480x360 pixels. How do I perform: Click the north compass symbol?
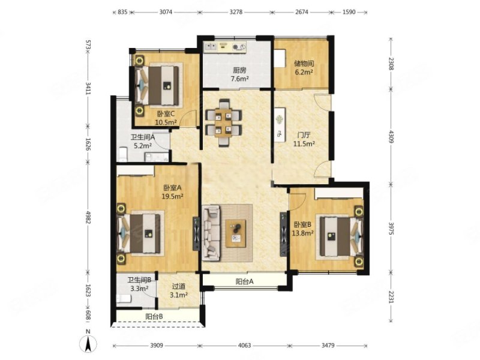(x=88, y=342)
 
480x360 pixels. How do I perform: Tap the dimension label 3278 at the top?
(x=236, y=12)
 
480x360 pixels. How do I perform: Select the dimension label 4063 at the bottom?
(x=244, y=346)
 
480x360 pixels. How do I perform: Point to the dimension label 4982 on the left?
(x=88, y=217)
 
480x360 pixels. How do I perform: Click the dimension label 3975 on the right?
(x=391, y=229)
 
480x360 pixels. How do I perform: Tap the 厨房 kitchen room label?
(x=239, y=70)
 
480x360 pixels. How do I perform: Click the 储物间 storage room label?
(x=304, y=64)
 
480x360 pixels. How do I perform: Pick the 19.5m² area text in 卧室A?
(x=173, y=196)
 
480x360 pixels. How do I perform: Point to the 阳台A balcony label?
(x=245, y=281)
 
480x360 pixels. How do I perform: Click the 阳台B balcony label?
(x=154, y=317)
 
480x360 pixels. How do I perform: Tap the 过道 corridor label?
(x=179, y=287)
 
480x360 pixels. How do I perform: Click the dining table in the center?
(x=223, y=122)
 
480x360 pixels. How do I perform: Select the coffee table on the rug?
(x=236, y=233)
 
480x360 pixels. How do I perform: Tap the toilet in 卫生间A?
(x=123, y=155)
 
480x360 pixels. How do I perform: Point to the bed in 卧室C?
(x=157, y=85)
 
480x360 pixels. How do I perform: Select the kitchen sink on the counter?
(x=211, y=47)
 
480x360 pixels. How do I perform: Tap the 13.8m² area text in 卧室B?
(x=302, y=233)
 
